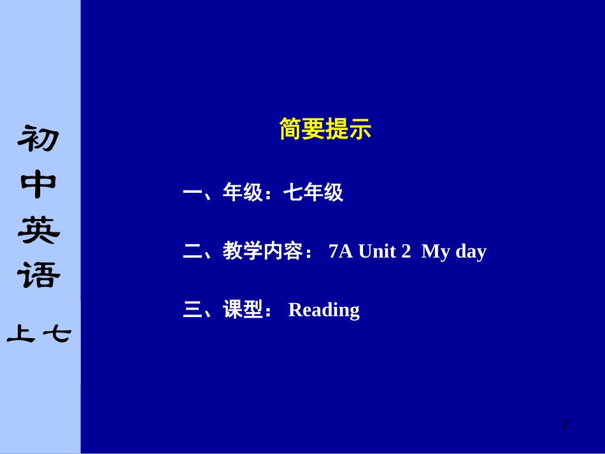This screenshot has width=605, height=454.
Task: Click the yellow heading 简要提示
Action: click(x=325, y=130)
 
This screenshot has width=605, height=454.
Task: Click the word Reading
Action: click(x=324, y=310)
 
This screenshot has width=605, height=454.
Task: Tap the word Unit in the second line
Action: click(x=377, y=252)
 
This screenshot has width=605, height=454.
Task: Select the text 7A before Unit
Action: click(x=341, y=252)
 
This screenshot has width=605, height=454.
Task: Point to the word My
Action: click(x=436, y=252)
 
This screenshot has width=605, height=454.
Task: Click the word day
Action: click(x=471, y=252)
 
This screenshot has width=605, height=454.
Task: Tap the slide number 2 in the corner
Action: click(x=565, y=424)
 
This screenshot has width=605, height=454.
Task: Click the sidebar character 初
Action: click(x=39, y=139)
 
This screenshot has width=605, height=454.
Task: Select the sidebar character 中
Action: click(x=39, y=185)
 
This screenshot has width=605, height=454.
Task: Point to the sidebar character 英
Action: click(x=39, y=231)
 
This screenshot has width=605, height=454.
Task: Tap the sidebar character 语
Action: click(x=39, y=276)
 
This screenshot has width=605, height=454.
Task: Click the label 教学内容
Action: click(x=262, y=252)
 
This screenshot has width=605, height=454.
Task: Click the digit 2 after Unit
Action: click(x=406, y=252)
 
